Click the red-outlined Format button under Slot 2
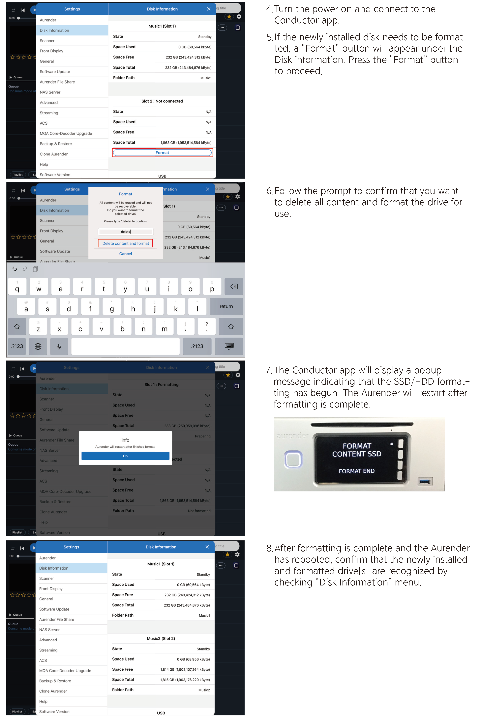(x=162, y=153)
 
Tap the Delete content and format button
(x=125, y=243)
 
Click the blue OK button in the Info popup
(x=125, y=456)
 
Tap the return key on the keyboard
(x=226, y=306)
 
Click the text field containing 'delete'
(x=125, y=232)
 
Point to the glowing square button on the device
(x=293, y=459)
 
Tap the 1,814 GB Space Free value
(x=185, y=670)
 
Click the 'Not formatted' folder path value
(x=199, y=511)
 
